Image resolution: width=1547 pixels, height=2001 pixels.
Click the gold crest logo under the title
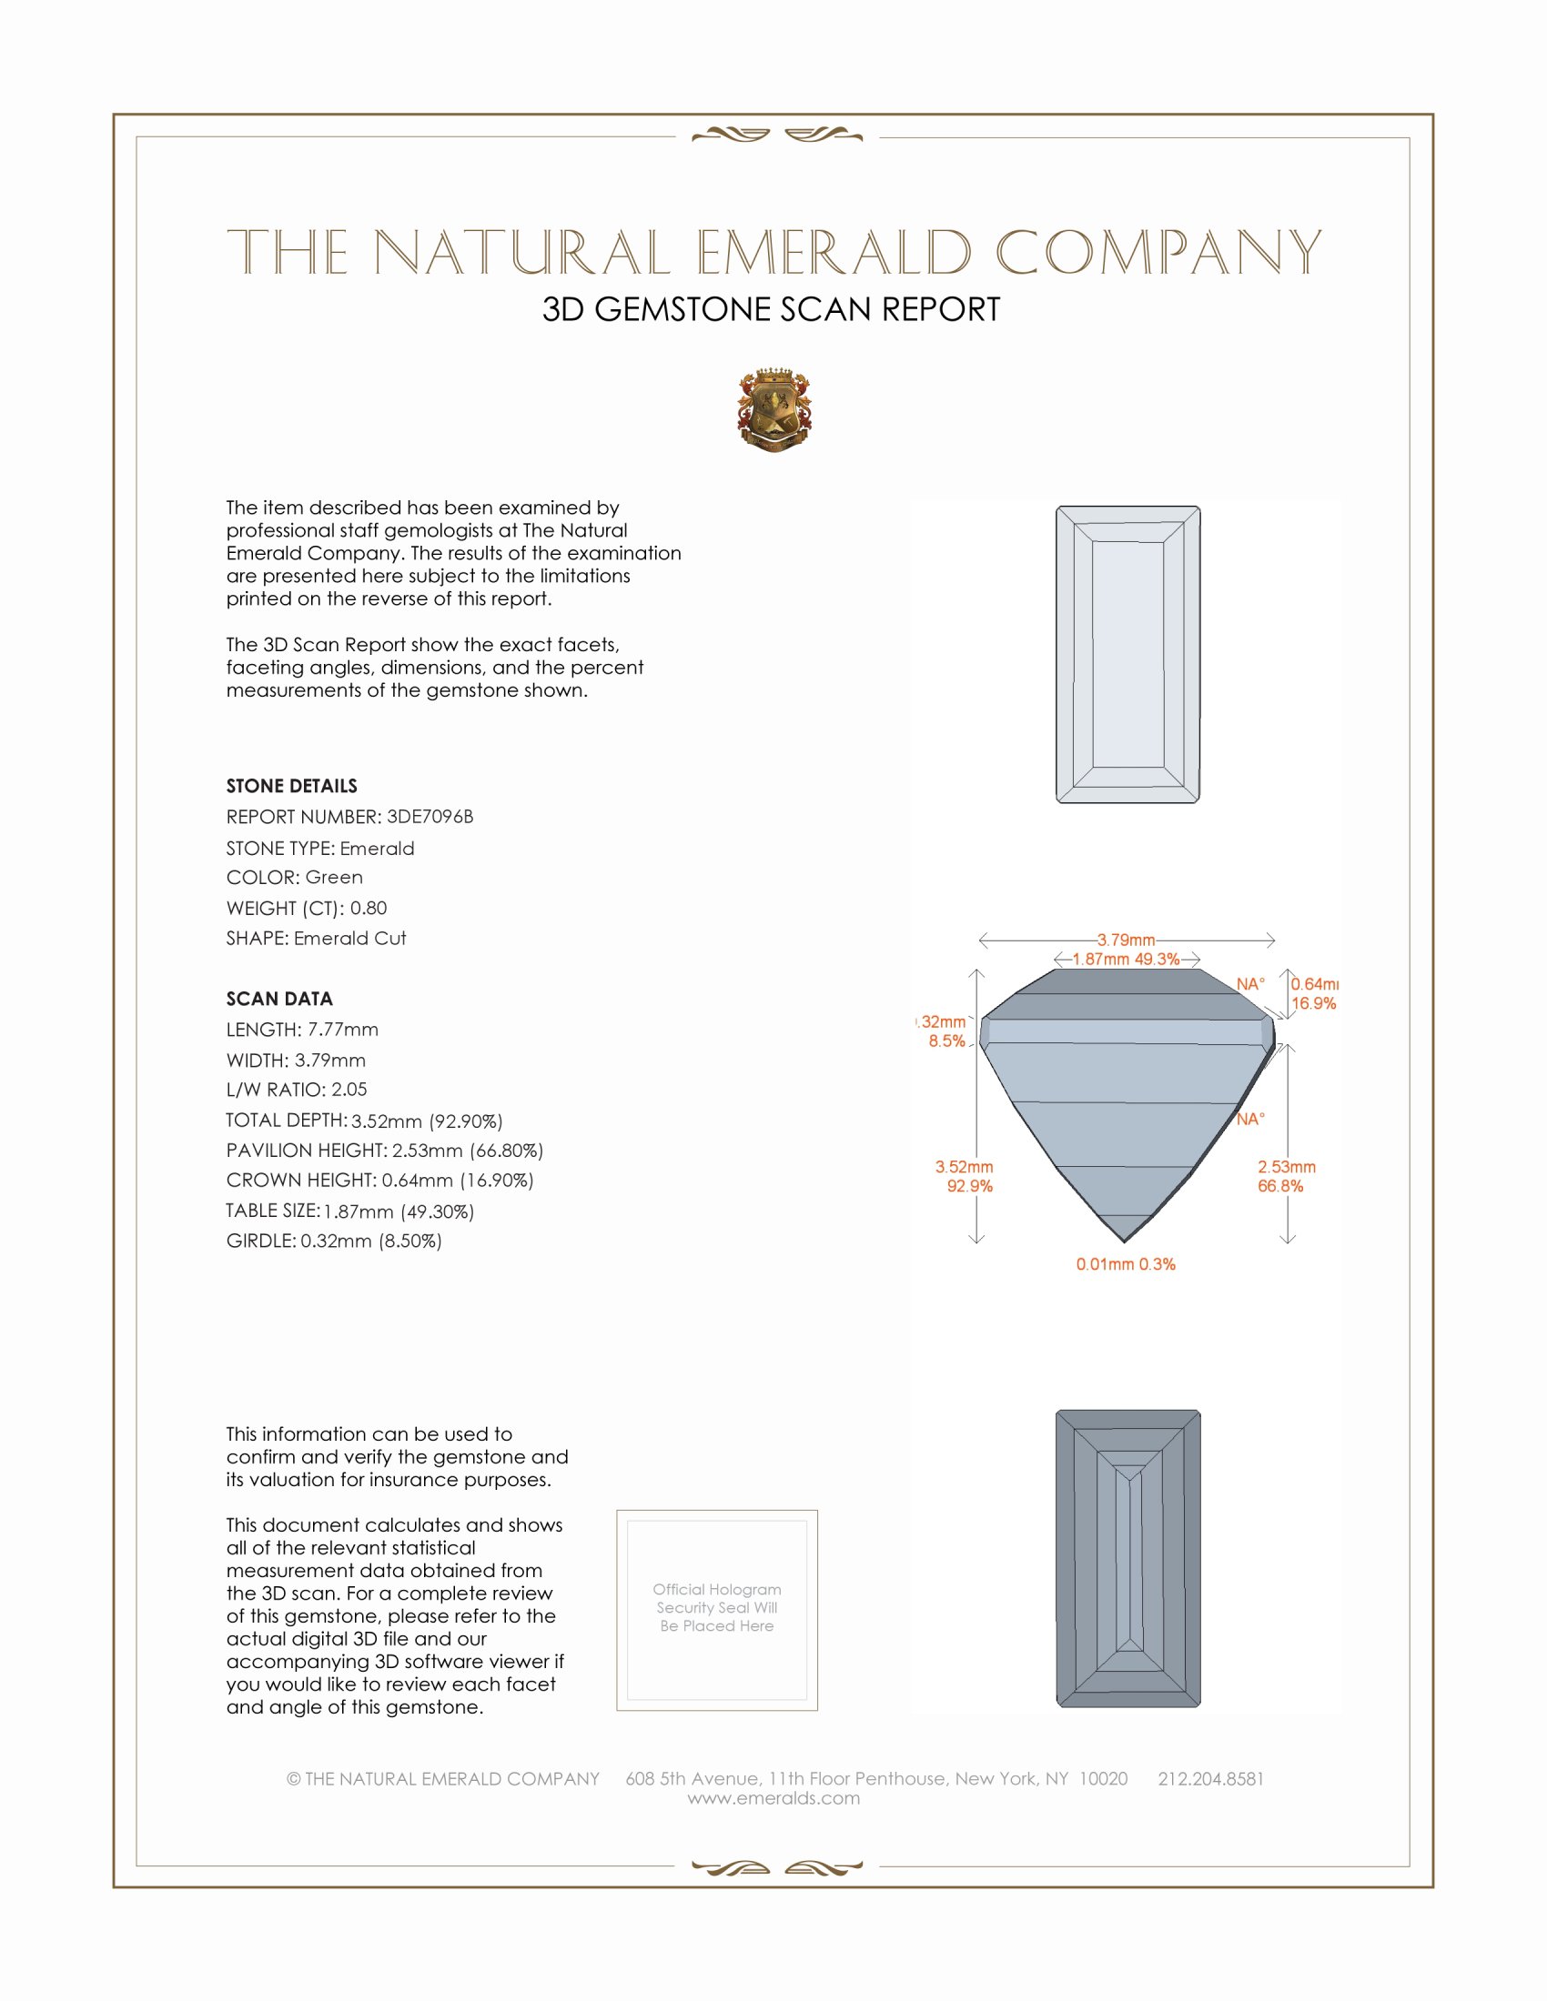click(774, 409)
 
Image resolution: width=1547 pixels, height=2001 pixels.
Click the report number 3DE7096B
click(429, 817)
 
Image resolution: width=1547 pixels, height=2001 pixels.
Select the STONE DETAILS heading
click(291, 786)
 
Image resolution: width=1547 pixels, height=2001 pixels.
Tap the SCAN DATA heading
click(278, 999)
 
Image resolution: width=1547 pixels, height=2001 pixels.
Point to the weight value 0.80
click(369, 908)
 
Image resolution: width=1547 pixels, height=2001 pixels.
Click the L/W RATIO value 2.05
click(349, 1090)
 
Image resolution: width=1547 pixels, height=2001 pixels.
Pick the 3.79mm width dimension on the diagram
click(1126, 940)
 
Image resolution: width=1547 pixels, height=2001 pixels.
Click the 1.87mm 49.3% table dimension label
click(1126, 960)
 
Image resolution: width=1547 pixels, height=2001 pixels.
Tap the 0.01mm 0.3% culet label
click(1126, 1264)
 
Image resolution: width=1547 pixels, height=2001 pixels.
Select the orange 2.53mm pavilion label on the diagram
click(1286, 1167)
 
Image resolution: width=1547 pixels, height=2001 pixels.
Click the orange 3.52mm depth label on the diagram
click(964, 1167)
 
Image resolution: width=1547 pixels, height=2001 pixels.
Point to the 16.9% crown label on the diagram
click(1313, 1004)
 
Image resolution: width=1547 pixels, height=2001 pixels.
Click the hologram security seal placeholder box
click(717, 1610)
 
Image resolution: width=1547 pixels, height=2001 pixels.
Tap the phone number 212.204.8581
click(1210, 1778)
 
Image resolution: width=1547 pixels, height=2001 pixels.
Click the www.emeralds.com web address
click(773, 1798)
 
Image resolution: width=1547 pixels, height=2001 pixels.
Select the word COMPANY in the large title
click(1158, 253)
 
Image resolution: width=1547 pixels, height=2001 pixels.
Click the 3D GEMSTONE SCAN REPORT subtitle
click(771, 309)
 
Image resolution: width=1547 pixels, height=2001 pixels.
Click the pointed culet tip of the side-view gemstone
click(1125, 1241)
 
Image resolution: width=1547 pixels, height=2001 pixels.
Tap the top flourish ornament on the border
click(776, 136)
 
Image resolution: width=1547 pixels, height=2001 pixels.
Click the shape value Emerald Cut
click(350, 939)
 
